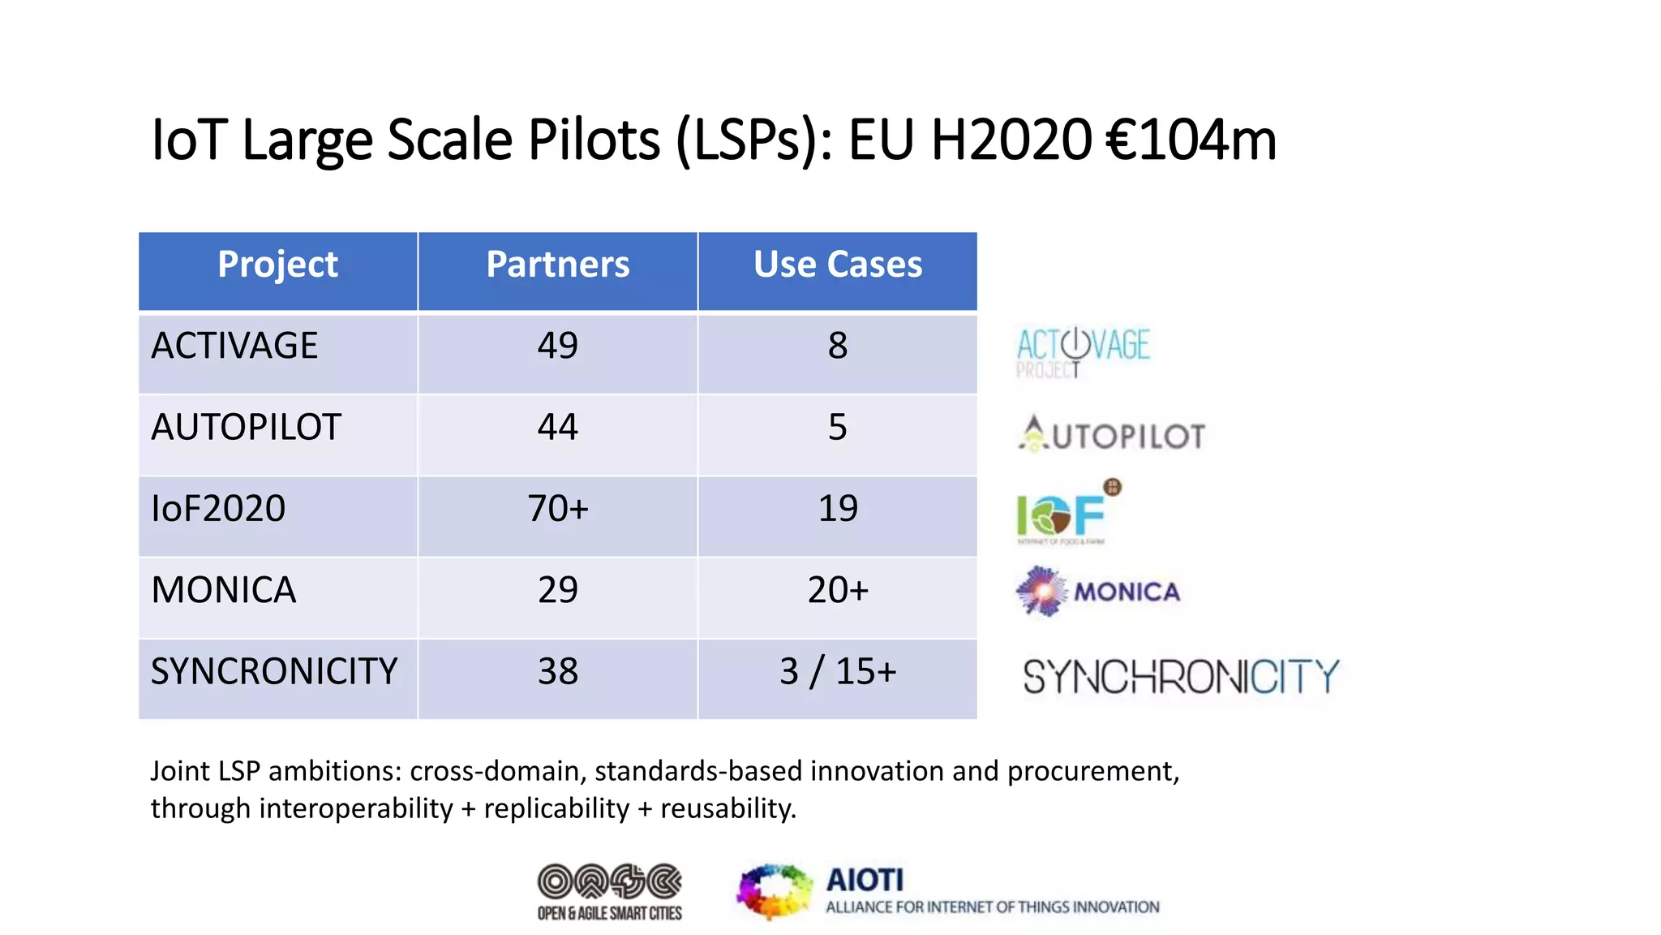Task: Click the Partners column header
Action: point(557,265)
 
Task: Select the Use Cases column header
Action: point(837,265)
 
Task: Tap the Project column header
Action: point(277,265)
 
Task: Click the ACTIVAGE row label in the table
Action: point(234,346)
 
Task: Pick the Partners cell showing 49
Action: point(557,346)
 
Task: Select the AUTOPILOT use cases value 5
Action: point(837,427)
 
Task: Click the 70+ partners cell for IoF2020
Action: point(557,509)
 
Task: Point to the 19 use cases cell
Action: point(837,509)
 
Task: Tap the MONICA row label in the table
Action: point(224,590)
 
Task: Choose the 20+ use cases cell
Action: point(837,590)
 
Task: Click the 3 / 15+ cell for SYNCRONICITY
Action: point(837,671)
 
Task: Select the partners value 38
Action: point(557,671)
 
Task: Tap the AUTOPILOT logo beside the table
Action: point(1112,435)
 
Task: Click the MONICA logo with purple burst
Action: point(1098,592)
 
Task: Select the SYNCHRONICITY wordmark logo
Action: point(1180,676)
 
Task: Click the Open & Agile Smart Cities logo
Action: point(610,891)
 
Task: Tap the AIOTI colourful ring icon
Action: point(774,891)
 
